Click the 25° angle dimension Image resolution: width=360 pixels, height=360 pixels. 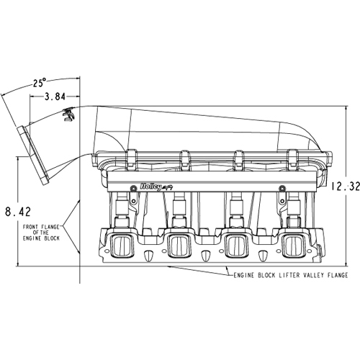pyautogui.click(x=40, y=83)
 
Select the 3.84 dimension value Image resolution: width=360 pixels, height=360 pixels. pyautogui.click(x=55, y=96)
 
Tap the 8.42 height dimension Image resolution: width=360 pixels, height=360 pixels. pyautogui.click(x=18, y=212)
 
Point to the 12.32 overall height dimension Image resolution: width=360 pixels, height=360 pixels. pyautogui.click(x=346, y=186)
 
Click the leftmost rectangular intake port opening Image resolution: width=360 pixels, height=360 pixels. pyautogui.click(x=122, y=246)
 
